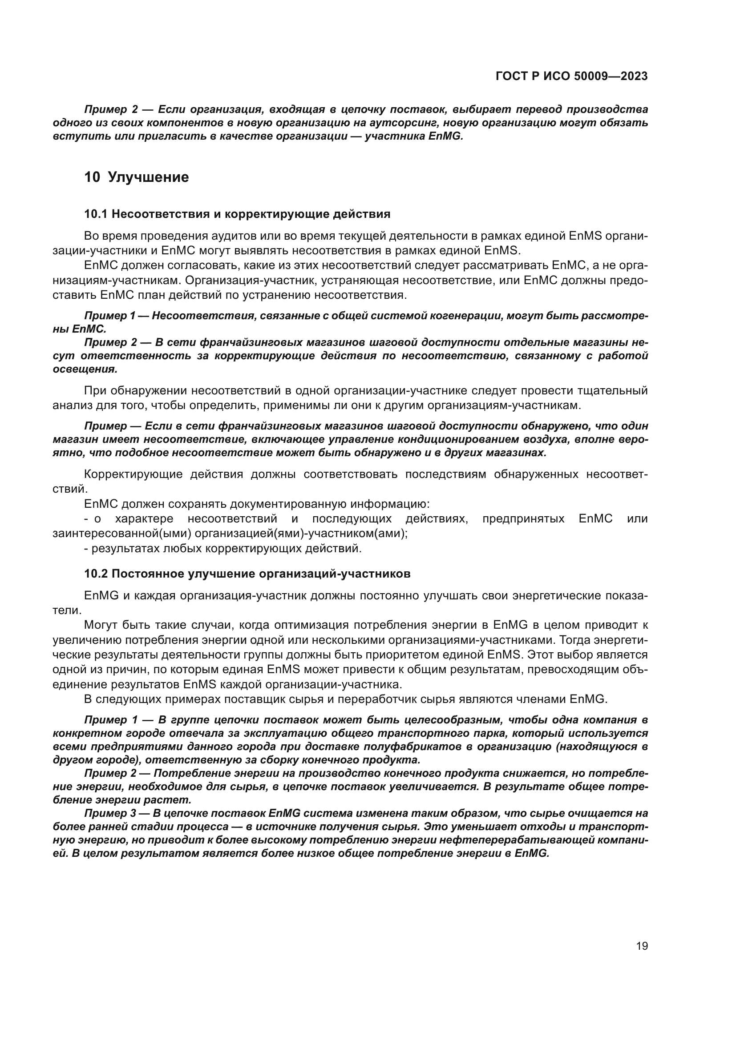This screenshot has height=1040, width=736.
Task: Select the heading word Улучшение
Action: tap(149, 177)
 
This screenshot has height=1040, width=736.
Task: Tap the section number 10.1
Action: tap(96, 214)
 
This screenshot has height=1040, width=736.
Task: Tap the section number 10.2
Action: tap(96, 574)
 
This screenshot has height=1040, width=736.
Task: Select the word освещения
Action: tap(85, 369)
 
